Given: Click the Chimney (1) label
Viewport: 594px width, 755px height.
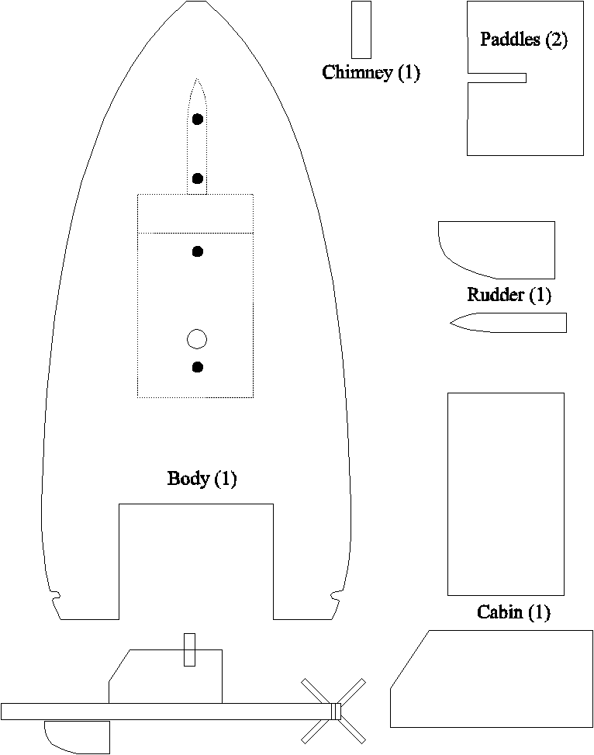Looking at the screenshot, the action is coord(371,72).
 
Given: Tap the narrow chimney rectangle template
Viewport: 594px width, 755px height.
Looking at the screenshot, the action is coord(361,29).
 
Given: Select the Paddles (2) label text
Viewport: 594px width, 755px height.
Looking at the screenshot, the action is coord(523,39).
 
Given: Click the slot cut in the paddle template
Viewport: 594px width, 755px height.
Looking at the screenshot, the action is coord(497,78).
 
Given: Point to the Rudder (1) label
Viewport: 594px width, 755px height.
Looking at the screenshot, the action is coord(509,295).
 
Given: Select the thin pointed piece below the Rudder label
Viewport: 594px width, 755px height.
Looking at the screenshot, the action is coord(509,323).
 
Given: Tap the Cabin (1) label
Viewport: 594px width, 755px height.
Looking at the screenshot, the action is coord(513,612).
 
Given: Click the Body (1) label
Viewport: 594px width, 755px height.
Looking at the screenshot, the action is coord(202,479).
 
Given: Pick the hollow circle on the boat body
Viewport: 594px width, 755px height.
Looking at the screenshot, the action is coord(197,339).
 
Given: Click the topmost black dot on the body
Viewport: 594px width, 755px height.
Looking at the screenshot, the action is coord(198,119).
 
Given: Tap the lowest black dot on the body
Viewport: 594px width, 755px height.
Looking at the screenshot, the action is coord(198,367).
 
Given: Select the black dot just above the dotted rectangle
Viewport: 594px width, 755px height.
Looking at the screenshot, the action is coord(198,178).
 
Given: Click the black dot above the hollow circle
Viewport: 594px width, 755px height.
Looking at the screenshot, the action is coord(198,251).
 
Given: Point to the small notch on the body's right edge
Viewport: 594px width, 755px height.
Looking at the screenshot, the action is coord(337,595).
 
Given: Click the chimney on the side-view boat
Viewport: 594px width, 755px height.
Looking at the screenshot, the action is coord(190,650).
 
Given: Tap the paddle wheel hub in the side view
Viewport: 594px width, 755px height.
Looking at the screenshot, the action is coord(336,712).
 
